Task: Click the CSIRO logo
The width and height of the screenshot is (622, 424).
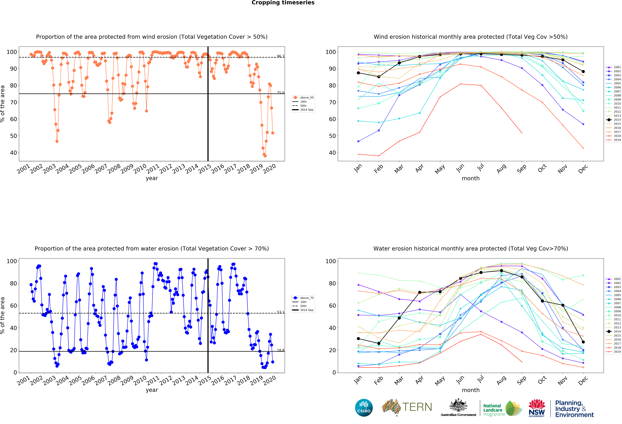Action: click(364, 408)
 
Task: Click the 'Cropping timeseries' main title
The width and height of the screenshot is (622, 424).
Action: click(283, 3)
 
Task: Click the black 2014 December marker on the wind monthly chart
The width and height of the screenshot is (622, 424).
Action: click(583, 71)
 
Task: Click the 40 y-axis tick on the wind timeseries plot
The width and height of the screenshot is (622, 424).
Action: click(13, 153)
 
